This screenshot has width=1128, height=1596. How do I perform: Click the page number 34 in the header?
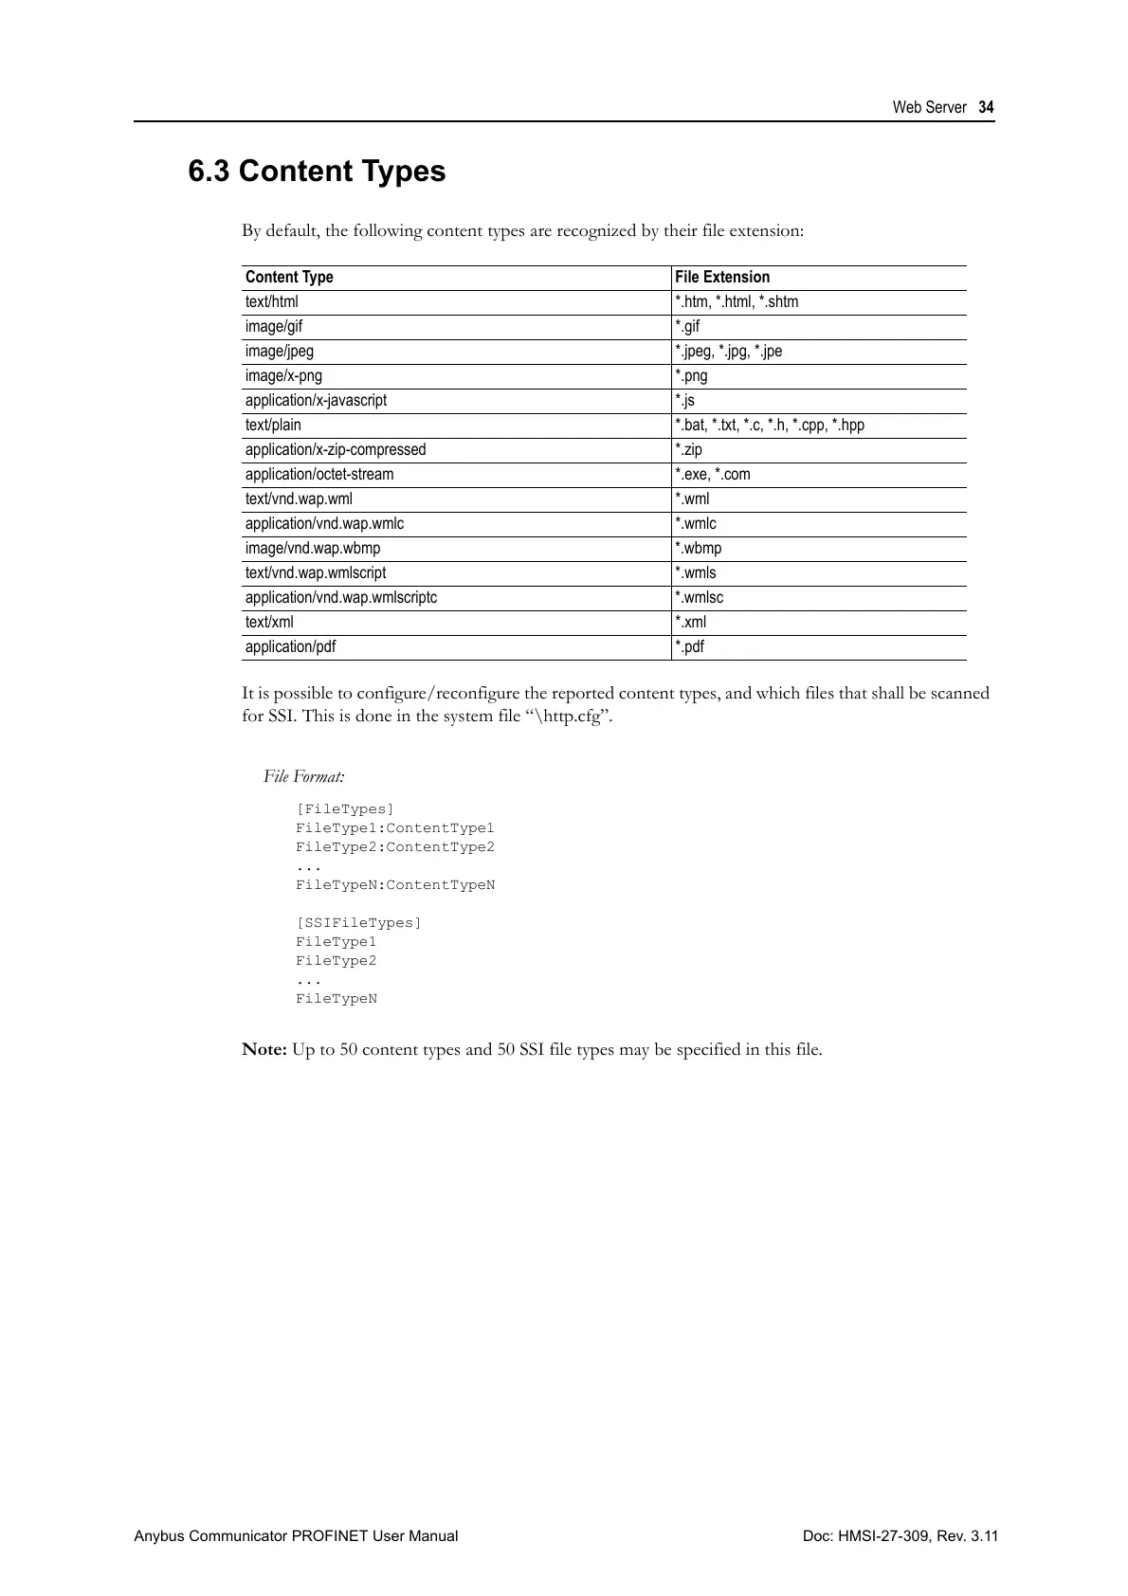point(987,108)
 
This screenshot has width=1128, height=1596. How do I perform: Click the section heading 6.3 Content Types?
point(317,172)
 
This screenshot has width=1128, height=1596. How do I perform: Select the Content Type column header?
point(289,277)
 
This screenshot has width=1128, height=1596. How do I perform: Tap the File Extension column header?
point(722,277)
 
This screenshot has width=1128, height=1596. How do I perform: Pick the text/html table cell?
point(271,301)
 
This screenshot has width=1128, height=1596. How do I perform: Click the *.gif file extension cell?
point(687,326)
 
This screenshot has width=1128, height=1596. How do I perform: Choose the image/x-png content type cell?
point(283,375)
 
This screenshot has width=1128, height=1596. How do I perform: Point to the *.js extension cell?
point(684,400)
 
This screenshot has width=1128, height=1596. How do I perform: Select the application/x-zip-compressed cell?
point(336,449)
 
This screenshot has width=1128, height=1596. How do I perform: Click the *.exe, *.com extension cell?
point(712,474)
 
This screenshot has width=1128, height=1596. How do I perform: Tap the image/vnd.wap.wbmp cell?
point(313,548)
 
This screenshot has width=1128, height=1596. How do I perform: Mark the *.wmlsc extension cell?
point(699,597)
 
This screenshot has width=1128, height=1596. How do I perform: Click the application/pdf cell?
point(290,646)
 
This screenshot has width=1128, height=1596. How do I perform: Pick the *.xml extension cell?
point(690,622)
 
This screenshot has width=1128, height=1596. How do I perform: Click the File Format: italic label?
point(304,777)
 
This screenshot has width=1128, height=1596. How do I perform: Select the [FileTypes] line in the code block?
point(344,809)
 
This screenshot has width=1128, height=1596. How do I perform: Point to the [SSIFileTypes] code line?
point(358,923)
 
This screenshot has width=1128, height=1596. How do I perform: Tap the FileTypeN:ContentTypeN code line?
point(395,885)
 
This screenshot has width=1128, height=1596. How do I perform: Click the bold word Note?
point(264,1049)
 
